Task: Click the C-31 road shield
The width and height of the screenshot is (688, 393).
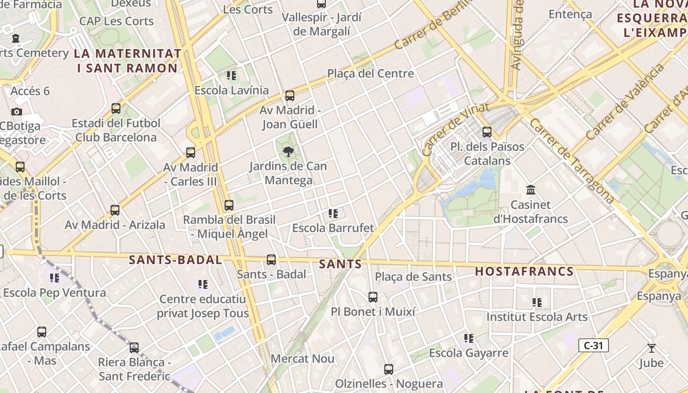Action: [x=593, y=345]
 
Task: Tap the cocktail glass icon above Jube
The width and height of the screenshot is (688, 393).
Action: [x=652, y=348]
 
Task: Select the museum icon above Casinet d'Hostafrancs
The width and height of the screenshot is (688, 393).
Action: [x=531, y=190]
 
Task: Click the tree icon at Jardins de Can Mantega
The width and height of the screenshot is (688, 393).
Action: [x=288, y=151]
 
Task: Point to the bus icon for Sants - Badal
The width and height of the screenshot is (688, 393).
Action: [x=271, y=259]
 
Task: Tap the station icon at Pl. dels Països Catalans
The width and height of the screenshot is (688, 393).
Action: [x=487, y=132]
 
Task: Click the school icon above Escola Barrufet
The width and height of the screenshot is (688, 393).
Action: [x=333, y=214]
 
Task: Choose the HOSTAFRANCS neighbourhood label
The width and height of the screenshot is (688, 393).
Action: [x=524, y=271]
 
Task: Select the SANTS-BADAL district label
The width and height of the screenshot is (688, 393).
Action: [x=175, y=260]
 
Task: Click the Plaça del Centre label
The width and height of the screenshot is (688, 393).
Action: [x=371, y=74]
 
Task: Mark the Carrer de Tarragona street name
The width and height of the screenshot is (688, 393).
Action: [x=572, y=161]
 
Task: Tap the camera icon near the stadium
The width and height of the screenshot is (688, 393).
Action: [x=17, y=112]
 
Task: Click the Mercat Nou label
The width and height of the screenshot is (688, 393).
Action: [x=302, y=359]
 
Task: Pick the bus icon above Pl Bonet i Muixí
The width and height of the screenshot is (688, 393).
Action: [x=373, y=297]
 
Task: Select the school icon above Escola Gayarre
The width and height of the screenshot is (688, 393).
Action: [x=469, y=338]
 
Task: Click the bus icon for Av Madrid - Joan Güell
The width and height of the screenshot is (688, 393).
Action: [x=290, y=95]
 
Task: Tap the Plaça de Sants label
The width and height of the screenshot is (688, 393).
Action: [x=413, y=277]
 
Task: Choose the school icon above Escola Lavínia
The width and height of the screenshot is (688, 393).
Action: [x=231, y=76]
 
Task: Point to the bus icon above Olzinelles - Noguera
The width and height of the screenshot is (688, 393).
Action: [x=389, y=369]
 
